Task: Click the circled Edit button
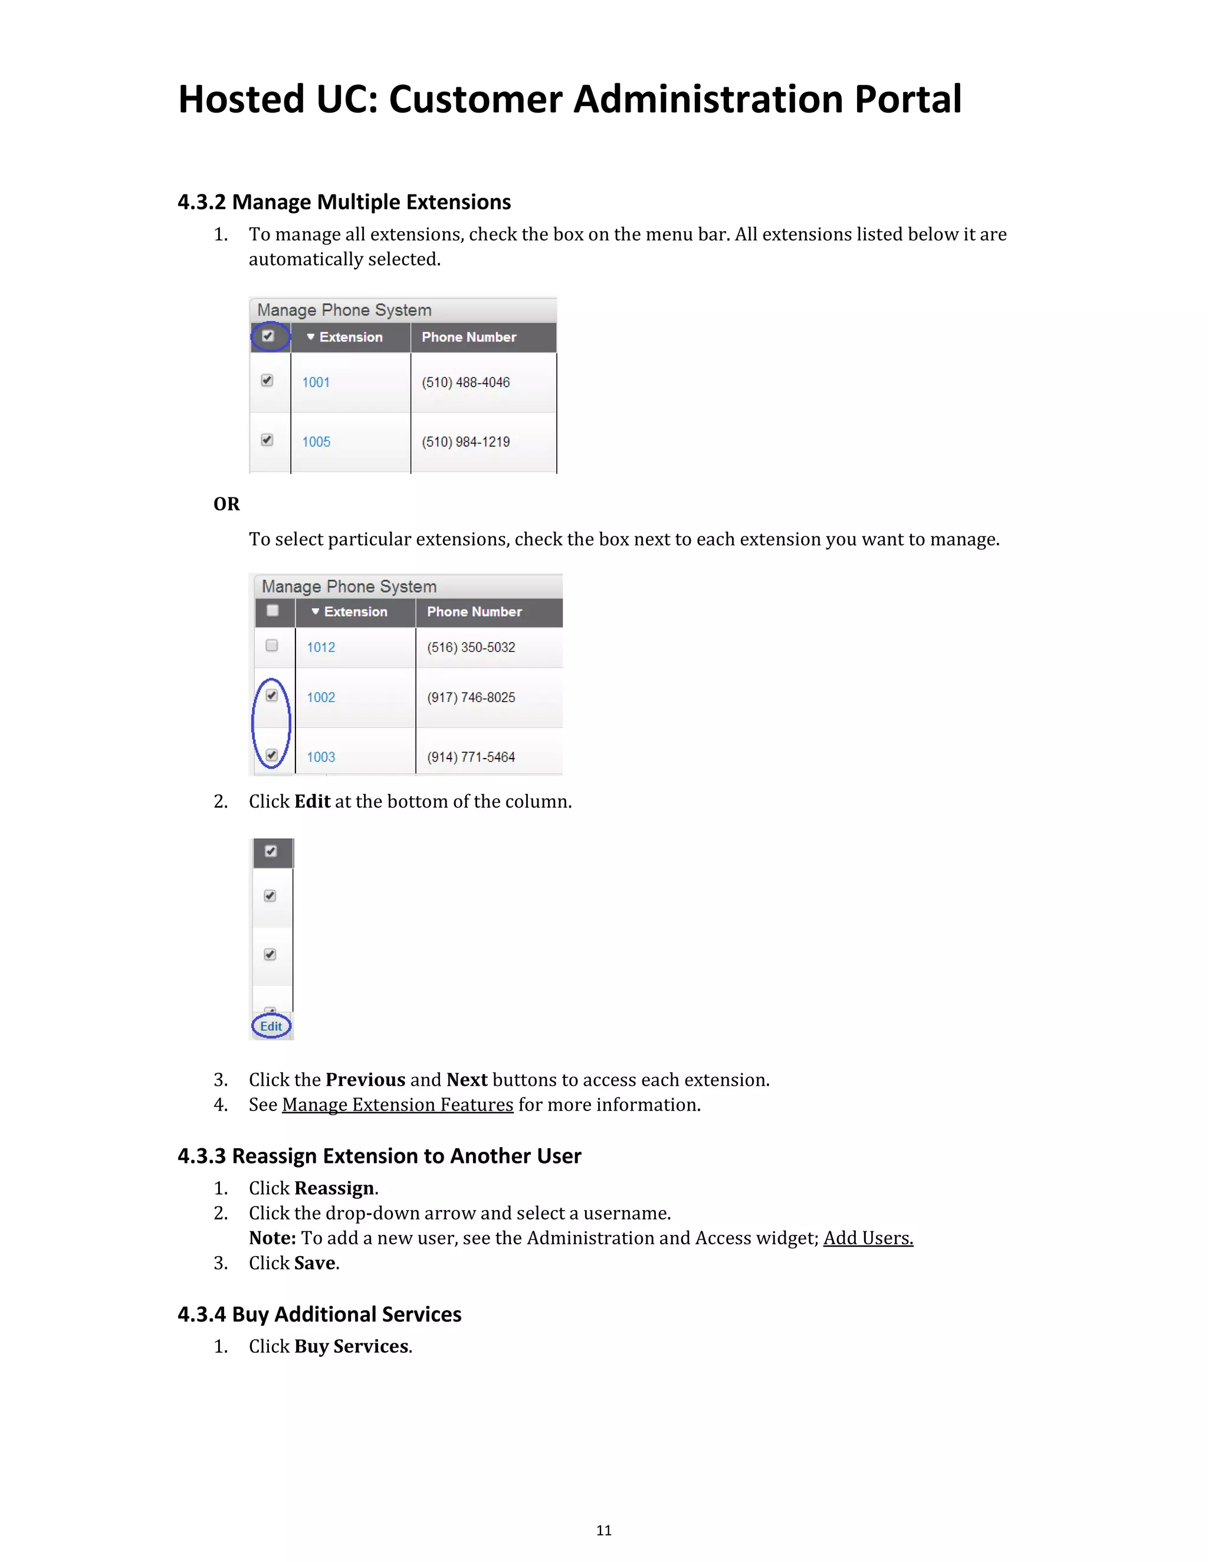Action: (271, 1026)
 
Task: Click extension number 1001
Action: (316, 382)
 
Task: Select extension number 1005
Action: (316, 441)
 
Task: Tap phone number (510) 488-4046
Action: (465, 382)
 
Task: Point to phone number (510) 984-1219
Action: (465, 441)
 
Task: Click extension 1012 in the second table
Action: (321, 647)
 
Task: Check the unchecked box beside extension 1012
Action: (272, 645)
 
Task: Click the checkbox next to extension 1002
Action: (272, 695)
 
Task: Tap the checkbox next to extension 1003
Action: (272, 754)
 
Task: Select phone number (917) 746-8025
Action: (471, 697)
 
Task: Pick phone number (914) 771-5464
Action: (471, 757)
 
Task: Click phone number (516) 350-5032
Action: (471, 647)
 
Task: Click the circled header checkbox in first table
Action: (268, 336)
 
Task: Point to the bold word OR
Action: (226, 503)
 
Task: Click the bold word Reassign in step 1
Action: (334, 1188)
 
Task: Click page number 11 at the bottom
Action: (604, 1530)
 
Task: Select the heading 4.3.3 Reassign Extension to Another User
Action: (379, 1156)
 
